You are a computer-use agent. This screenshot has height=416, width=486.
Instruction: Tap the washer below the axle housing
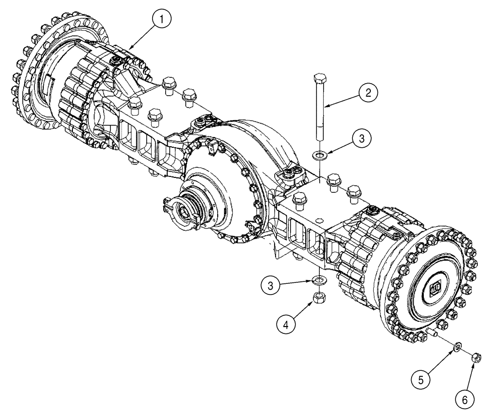coord(320,280)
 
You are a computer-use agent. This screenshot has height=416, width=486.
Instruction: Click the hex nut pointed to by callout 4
coord(320,295)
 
